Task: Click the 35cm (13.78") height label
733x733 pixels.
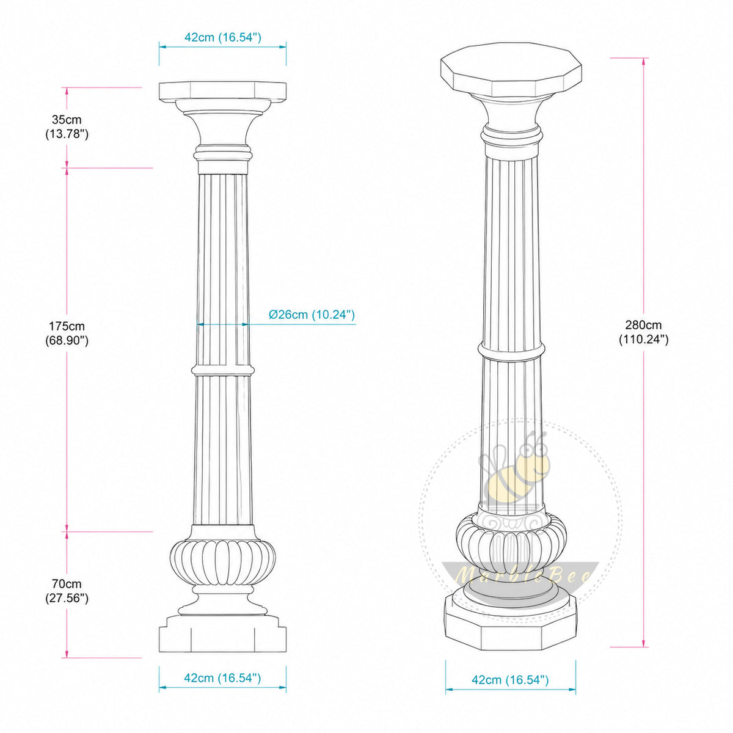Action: (67, 126)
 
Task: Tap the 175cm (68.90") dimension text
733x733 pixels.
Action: (67, 333)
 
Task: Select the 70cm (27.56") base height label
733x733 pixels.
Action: (67, 591)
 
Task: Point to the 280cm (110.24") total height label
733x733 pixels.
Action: (643, 332)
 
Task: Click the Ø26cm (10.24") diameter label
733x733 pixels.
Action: (312, 315)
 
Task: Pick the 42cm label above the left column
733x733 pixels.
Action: (223, 37)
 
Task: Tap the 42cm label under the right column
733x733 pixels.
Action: (510, 679)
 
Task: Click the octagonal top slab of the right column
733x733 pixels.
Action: (511, 70)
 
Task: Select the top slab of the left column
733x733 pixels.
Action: (222, 92)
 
